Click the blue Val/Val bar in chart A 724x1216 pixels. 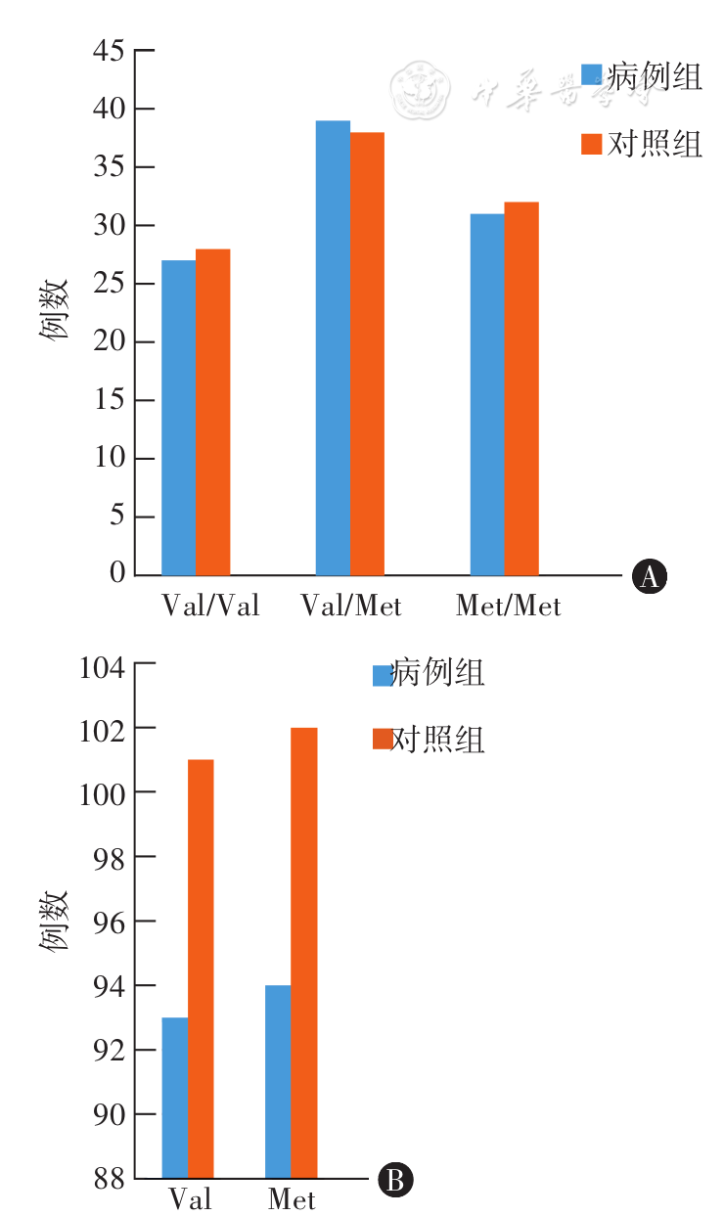(178, 418)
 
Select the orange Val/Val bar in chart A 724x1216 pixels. (212, 412)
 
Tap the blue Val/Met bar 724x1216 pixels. (333, 347)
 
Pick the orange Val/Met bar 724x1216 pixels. (367, 353)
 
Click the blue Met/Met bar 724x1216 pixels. (487, 394)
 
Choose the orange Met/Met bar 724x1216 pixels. (521, 388)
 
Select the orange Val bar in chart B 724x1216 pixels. (201, 968)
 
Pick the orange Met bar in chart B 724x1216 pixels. (304, 953)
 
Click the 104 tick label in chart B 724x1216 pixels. (103, 669)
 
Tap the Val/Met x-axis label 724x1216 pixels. (351, 607)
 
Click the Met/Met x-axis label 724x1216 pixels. (509, 607)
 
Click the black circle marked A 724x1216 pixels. (649, 577)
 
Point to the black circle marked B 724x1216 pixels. (396, 1180)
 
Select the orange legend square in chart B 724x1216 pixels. (383, 741)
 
